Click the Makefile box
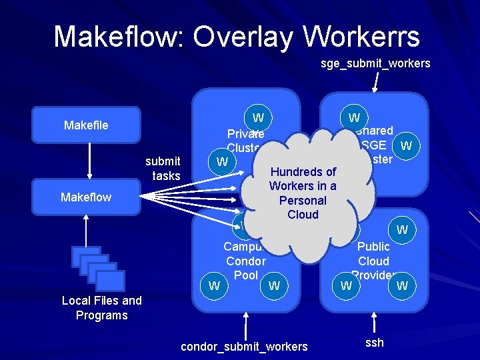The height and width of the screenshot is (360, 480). pyautogui.click(x=87, y=125)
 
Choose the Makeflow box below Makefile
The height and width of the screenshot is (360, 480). pyautogui.click(x=87, y=197)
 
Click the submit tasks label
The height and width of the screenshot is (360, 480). pyautogui.click(x=163, y=168)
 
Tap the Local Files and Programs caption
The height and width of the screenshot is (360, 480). pyautogui.click(x=101, y=308)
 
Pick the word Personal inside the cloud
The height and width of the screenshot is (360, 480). pyautogui.click(x=303, y=201)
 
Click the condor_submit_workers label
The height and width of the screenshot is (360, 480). pyautogui.click(x=245, y=346)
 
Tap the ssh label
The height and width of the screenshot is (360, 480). pyautogui.click(x=374, y=343)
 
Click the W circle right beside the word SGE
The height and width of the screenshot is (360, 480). pyautogui.click(x=406, y=145)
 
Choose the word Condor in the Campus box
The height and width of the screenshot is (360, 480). pyautogui.click(x=245, y=261)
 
